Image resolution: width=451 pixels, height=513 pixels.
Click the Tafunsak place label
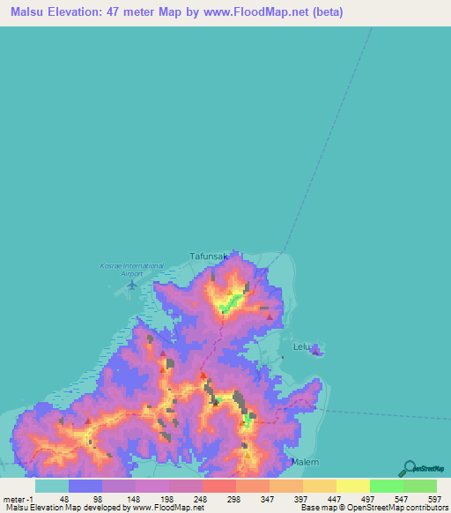point(209,256)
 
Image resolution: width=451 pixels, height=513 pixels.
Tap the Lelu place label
point(302,347)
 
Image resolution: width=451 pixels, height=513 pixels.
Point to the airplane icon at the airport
point(133,283)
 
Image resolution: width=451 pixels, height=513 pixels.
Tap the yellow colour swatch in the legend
point(352,486)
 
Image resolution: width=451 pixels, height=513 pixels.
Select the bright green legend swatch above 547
point(386,486)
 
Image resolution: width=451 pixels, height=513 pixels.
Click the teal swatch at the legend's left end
point(51,486)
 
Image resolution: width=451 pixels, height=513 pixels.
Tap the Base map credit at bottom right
point(371,508)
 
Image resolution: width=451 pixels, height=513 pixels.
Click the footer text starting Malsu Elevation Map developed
point(103,508)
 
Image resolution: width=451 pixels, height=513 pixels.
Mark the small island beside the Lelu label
point(317,353)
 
